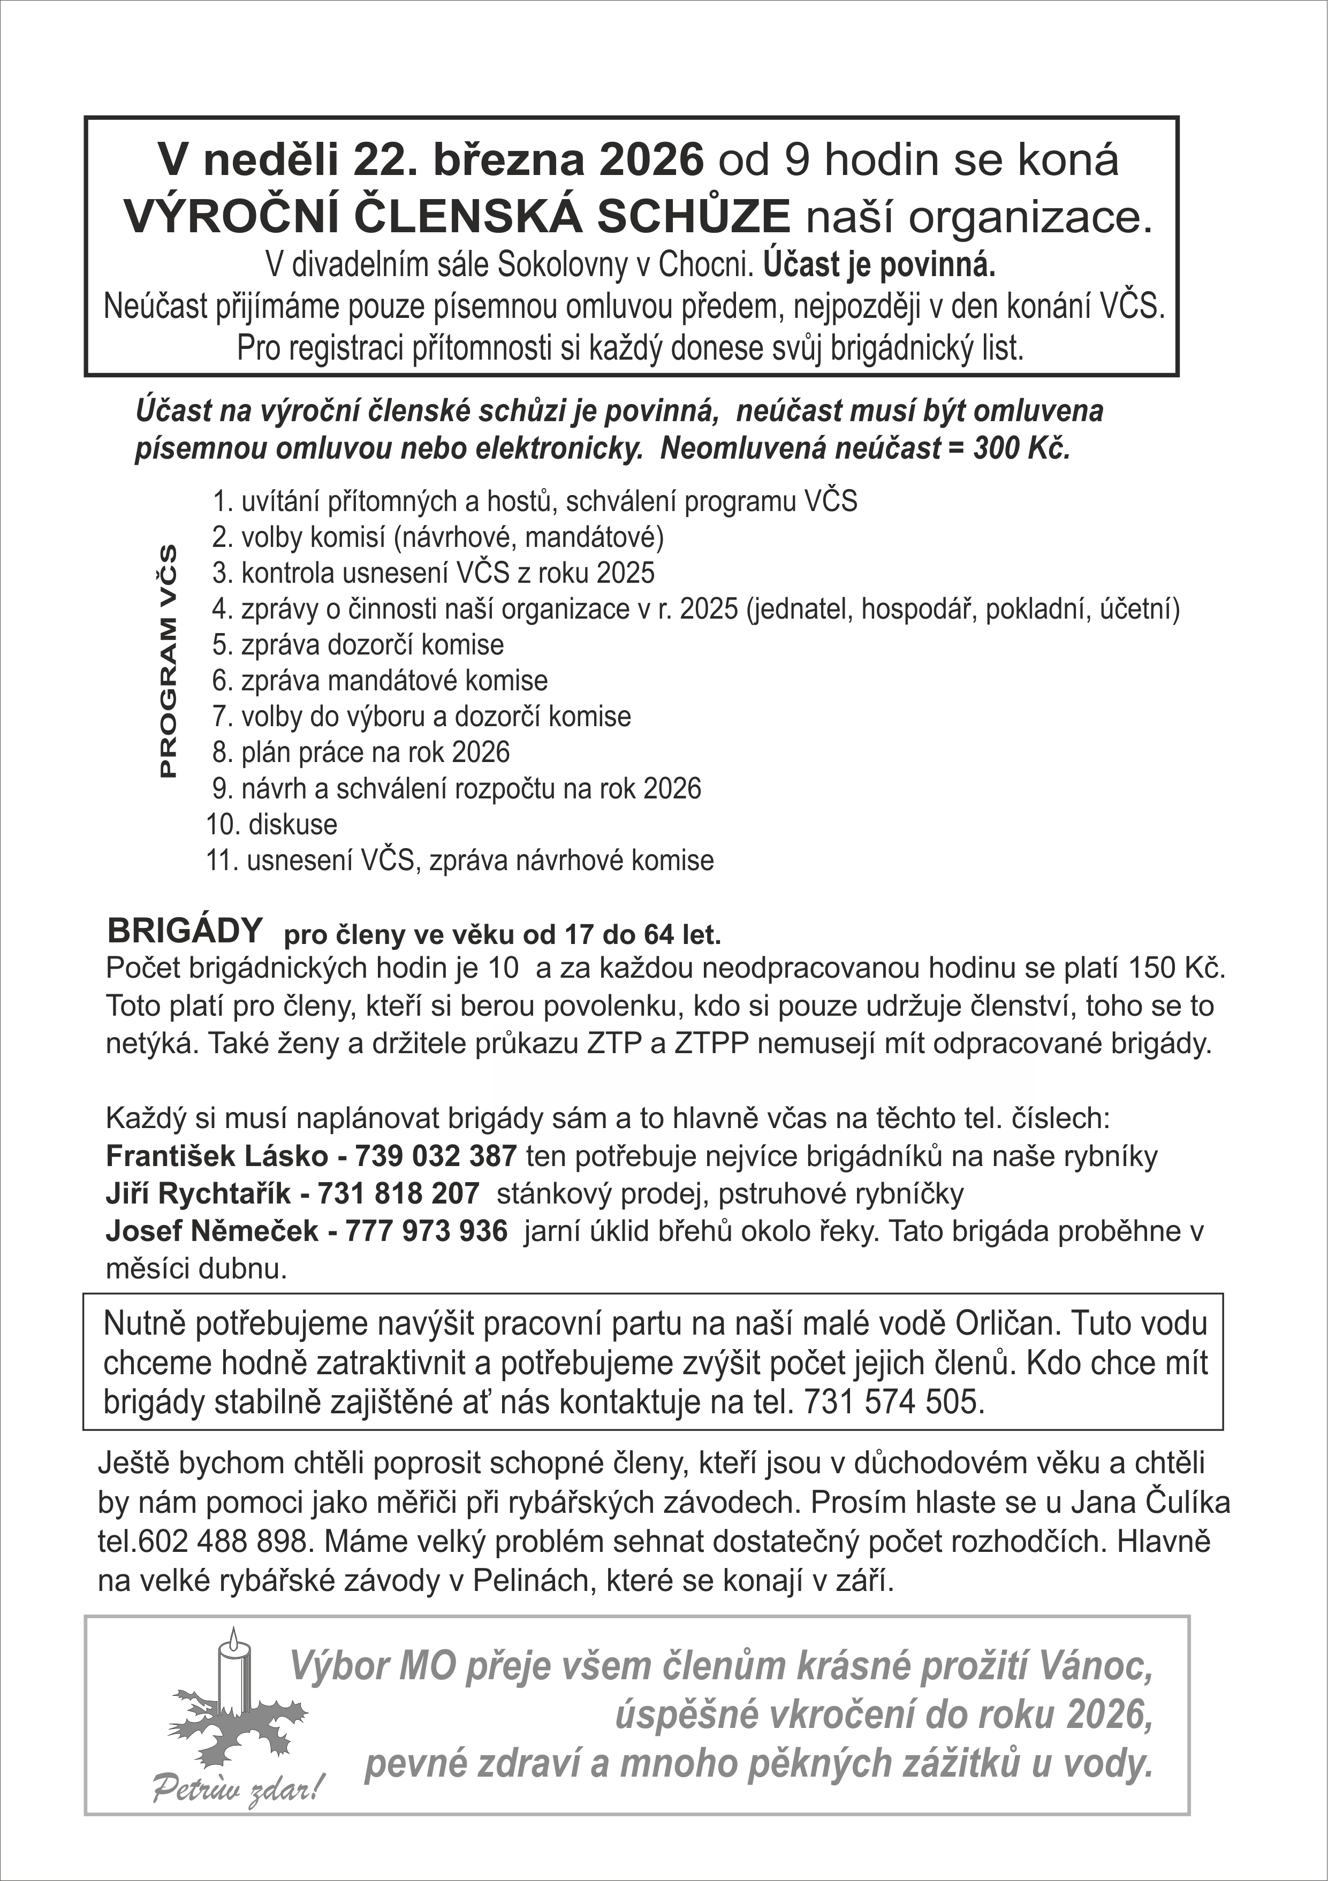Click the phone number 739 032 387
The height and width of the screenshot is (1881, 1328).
click(x=435, y=1156)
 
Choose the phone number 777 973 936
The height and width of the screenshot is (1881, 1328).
click(x=426, y=1231)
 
